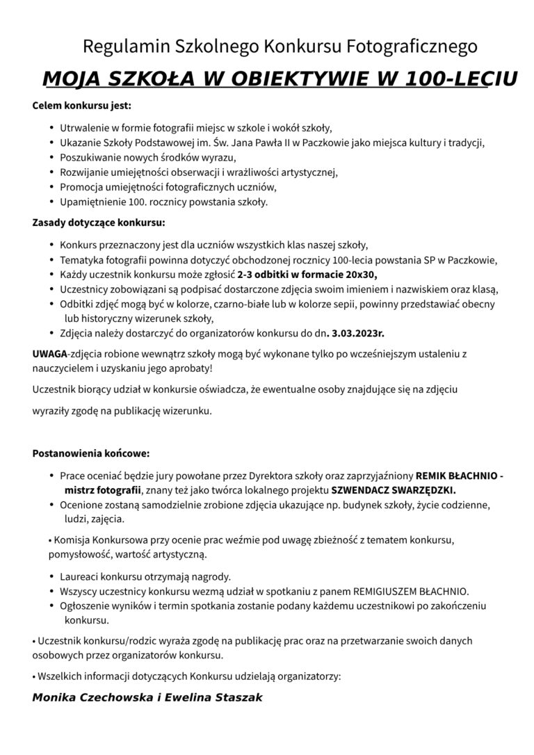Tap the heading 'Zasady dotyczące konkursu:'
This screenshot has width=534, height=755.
coord(99,223)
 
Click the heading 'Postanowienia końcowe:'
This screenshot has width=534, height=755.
coord(91,453)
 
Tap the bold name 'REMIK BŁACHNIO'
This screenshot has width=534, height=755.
coord(456,476)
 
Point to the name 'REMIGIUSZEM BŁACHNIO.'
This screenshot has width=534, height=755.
coord(411,592)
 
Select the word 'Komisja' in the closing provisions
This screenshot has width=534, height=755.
coord(72,539)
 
